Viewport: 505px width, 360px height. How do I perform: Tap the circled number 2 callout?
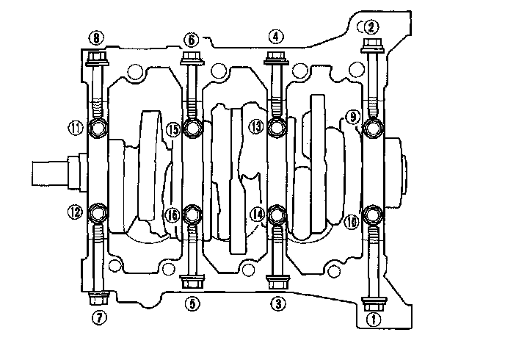371,27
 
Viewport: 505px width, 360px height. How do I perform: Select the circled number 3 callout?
277,302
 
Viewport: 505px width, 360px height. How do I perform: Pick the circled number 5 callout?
191,302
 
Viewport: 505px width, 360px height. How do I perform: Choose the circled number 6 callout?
191,38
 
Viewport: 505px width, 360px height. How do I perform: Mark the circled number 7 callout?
98,317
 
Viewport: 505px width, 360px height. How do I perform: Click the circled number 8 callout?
96,37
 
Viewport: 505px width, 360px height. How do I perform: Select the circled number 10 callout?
352,220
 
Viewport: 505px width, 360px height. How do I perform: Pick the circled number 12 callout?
74,213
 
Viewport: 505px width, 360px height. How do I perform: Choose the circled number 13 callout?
255,126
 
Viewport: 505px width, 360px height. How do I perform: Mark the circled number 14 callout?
256,214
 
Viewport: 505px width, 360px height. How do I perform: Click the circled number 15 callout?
172,129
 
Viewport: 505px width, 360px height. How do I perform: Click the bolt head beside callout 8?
96,57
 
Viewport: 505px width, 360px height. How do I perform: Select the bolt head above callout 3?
277,281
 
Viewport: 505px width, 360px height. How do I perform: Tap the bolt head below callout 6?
191,57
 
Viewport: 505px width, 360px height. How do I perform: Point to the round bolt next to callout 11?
98,130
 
